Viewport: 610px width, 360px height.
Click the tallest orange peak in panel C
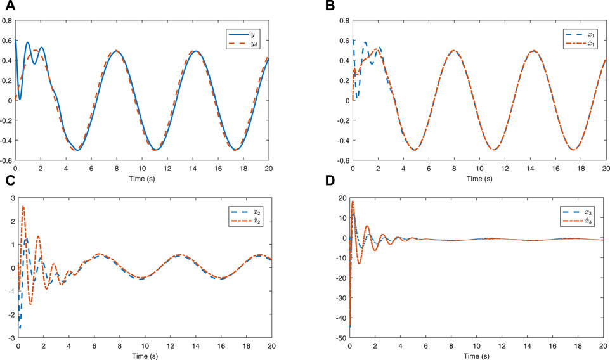[x=23, y=207]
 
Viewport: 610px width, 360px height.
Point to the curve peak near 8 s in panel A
[x=117, y=51]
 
